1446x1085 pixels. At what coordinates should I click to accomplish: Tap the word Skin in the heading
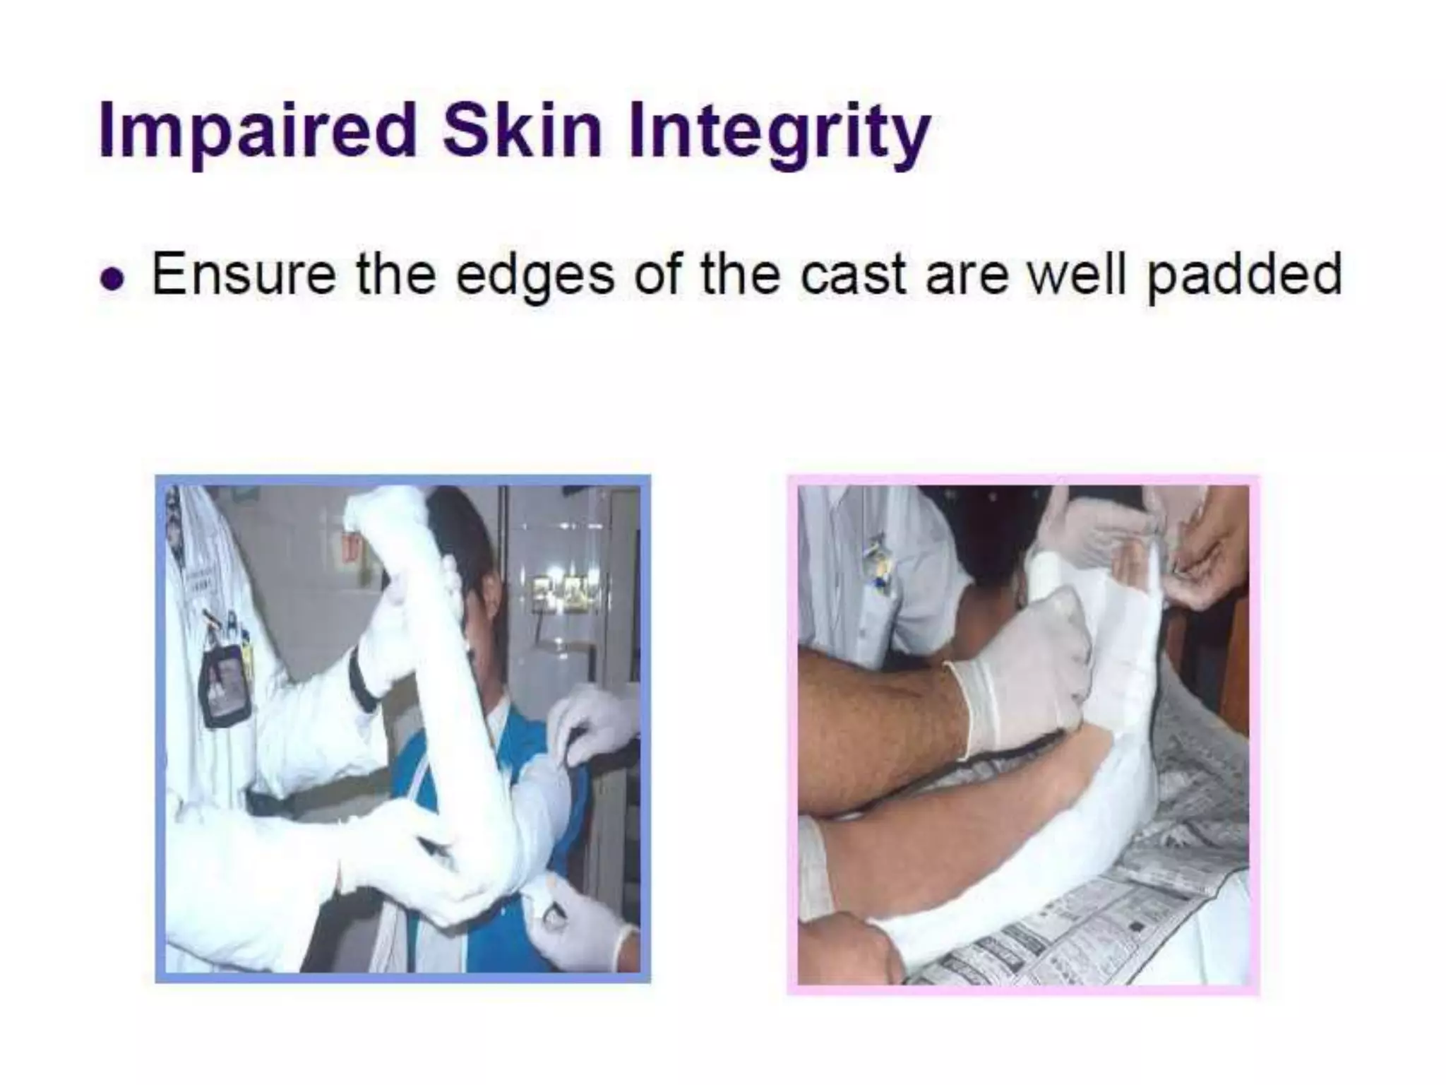522,131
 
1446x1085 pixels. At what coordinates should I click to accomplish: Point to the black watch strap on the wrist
364,678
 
